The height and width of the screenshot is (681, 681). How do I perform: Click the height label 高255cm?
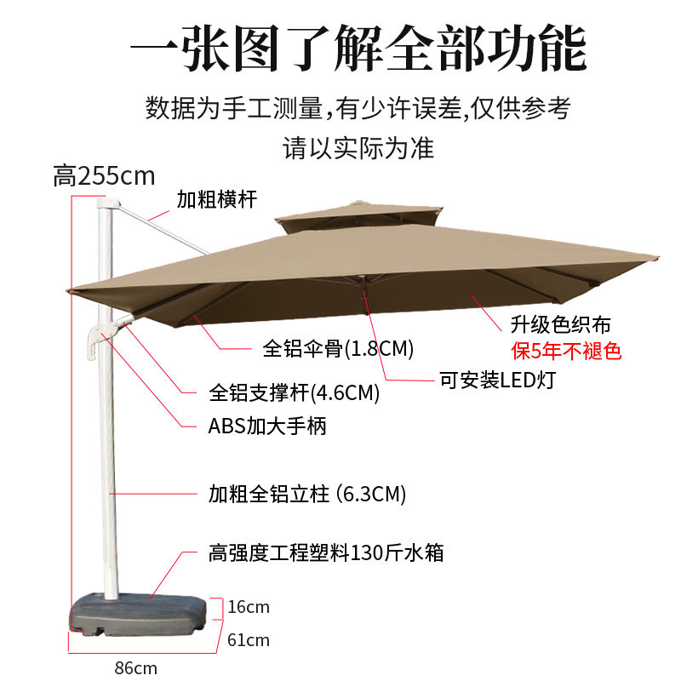(104, 176)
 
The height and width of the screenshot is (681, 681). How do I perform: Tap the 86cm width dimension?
(136, 667)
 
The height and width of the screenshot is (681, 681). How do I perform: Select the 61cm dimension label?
(249, 639)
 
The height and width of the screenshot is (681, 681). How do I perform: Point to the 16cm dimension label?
(249, 607)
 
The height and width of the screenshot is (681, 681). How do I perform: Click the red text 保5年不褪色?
(566, 350)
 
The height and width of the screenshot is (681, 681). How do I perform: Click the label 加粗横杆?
(216, 200)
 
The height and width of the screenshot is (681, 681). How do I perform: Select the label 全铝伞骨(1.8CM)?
(337, 348)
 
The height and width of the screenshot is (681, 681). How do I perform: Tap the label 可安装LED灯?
(496, 380)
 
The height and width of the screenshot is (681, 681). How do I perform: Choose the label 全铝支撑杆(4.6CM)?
(294, 394)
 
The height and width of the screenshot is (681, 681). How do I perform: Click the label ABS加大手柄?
(267, 426)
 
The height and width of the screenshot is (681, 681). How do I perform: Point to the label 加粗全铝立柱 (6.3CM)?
(307, 494)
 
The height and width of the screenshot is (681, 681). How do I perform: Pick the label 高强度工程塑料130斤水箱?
(326, 553)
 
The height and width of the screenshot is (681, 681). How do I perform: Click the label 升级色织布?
(560, 325)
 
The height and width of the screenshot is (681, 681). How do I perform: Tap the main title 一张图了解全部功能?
(358, 49)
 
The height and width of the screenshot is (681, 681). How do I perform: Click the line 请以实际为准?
(358, 149)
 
